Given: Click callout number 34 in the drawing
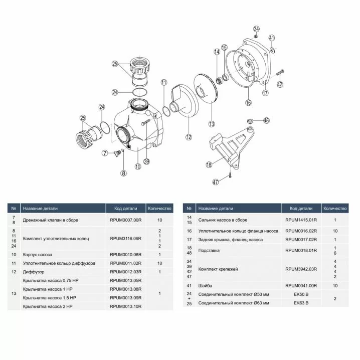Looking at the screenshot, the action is coord(256,29).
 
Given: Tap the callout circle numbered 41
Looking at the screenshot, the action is coord(272,38).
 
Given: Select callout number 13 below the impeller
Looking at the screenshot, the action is coord(212,124).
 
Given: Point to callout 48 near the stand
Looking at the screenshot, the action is coord(266,120).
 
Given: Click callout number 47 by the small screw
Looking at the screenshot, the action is coord(216,182).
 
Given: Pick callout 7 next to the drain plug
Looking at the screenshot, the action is coord(105,153).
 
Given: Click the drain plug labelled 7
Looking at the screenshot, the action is coord(118,152).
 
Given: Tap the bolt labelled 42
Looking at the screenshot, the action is coord(280,73).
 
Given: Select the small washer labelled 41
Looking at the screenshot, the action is coord(272,50).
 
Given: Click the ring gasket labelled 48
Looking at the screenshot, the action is coord(250,120).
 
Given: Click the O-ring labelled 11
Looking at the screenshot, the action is coord(166,111).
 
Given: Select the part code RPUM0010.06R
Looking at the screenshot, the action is coord(125,255).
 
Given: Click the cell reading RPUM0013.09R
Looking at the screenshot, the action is coord(125,298).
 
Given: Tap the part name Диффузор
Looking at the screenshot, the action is coord(34,272).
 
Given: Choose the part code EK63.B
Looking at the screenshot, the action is coord(301,303).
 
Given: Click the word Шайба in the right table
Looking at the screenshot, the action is coord(205,286).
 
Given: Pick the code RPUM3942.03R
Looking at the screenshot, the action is coord(301,269).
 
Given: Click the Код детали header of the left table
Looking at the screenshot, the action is coord(125,209).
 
